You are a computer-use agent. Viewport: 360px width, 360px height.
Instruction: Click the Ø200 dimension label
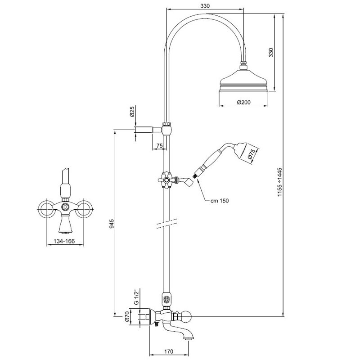(243, 102)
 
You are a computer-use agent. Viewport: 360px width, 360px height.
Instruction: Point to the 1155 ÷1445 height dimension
(279, 182)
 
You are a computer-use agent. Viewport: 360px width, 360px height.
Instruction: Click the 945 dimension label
(111, 224)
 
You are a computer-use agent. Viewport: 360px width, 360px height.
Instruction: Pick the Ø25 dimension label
(132, 112)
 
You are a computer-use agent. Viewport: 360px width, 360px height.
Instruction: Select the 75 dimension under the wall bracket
(160, 145)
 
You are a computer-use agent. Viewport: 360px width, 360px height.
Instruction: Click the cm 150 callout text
(220, 201)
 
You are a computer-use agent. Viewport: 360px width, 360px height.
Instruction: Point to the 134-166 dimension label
(64, 241)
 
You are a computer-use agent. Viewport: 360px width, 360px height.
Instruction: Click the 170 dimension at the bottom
(169, 351)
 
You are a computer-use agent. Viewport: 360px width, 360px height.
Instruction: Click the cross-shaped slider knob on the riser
(166, 180)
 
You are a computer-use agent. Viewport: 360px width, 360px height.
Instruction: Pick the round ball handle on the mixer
(184, 317)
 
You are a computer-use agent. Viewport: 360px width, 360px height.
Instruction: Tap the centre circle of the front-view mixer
(65, 207)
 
